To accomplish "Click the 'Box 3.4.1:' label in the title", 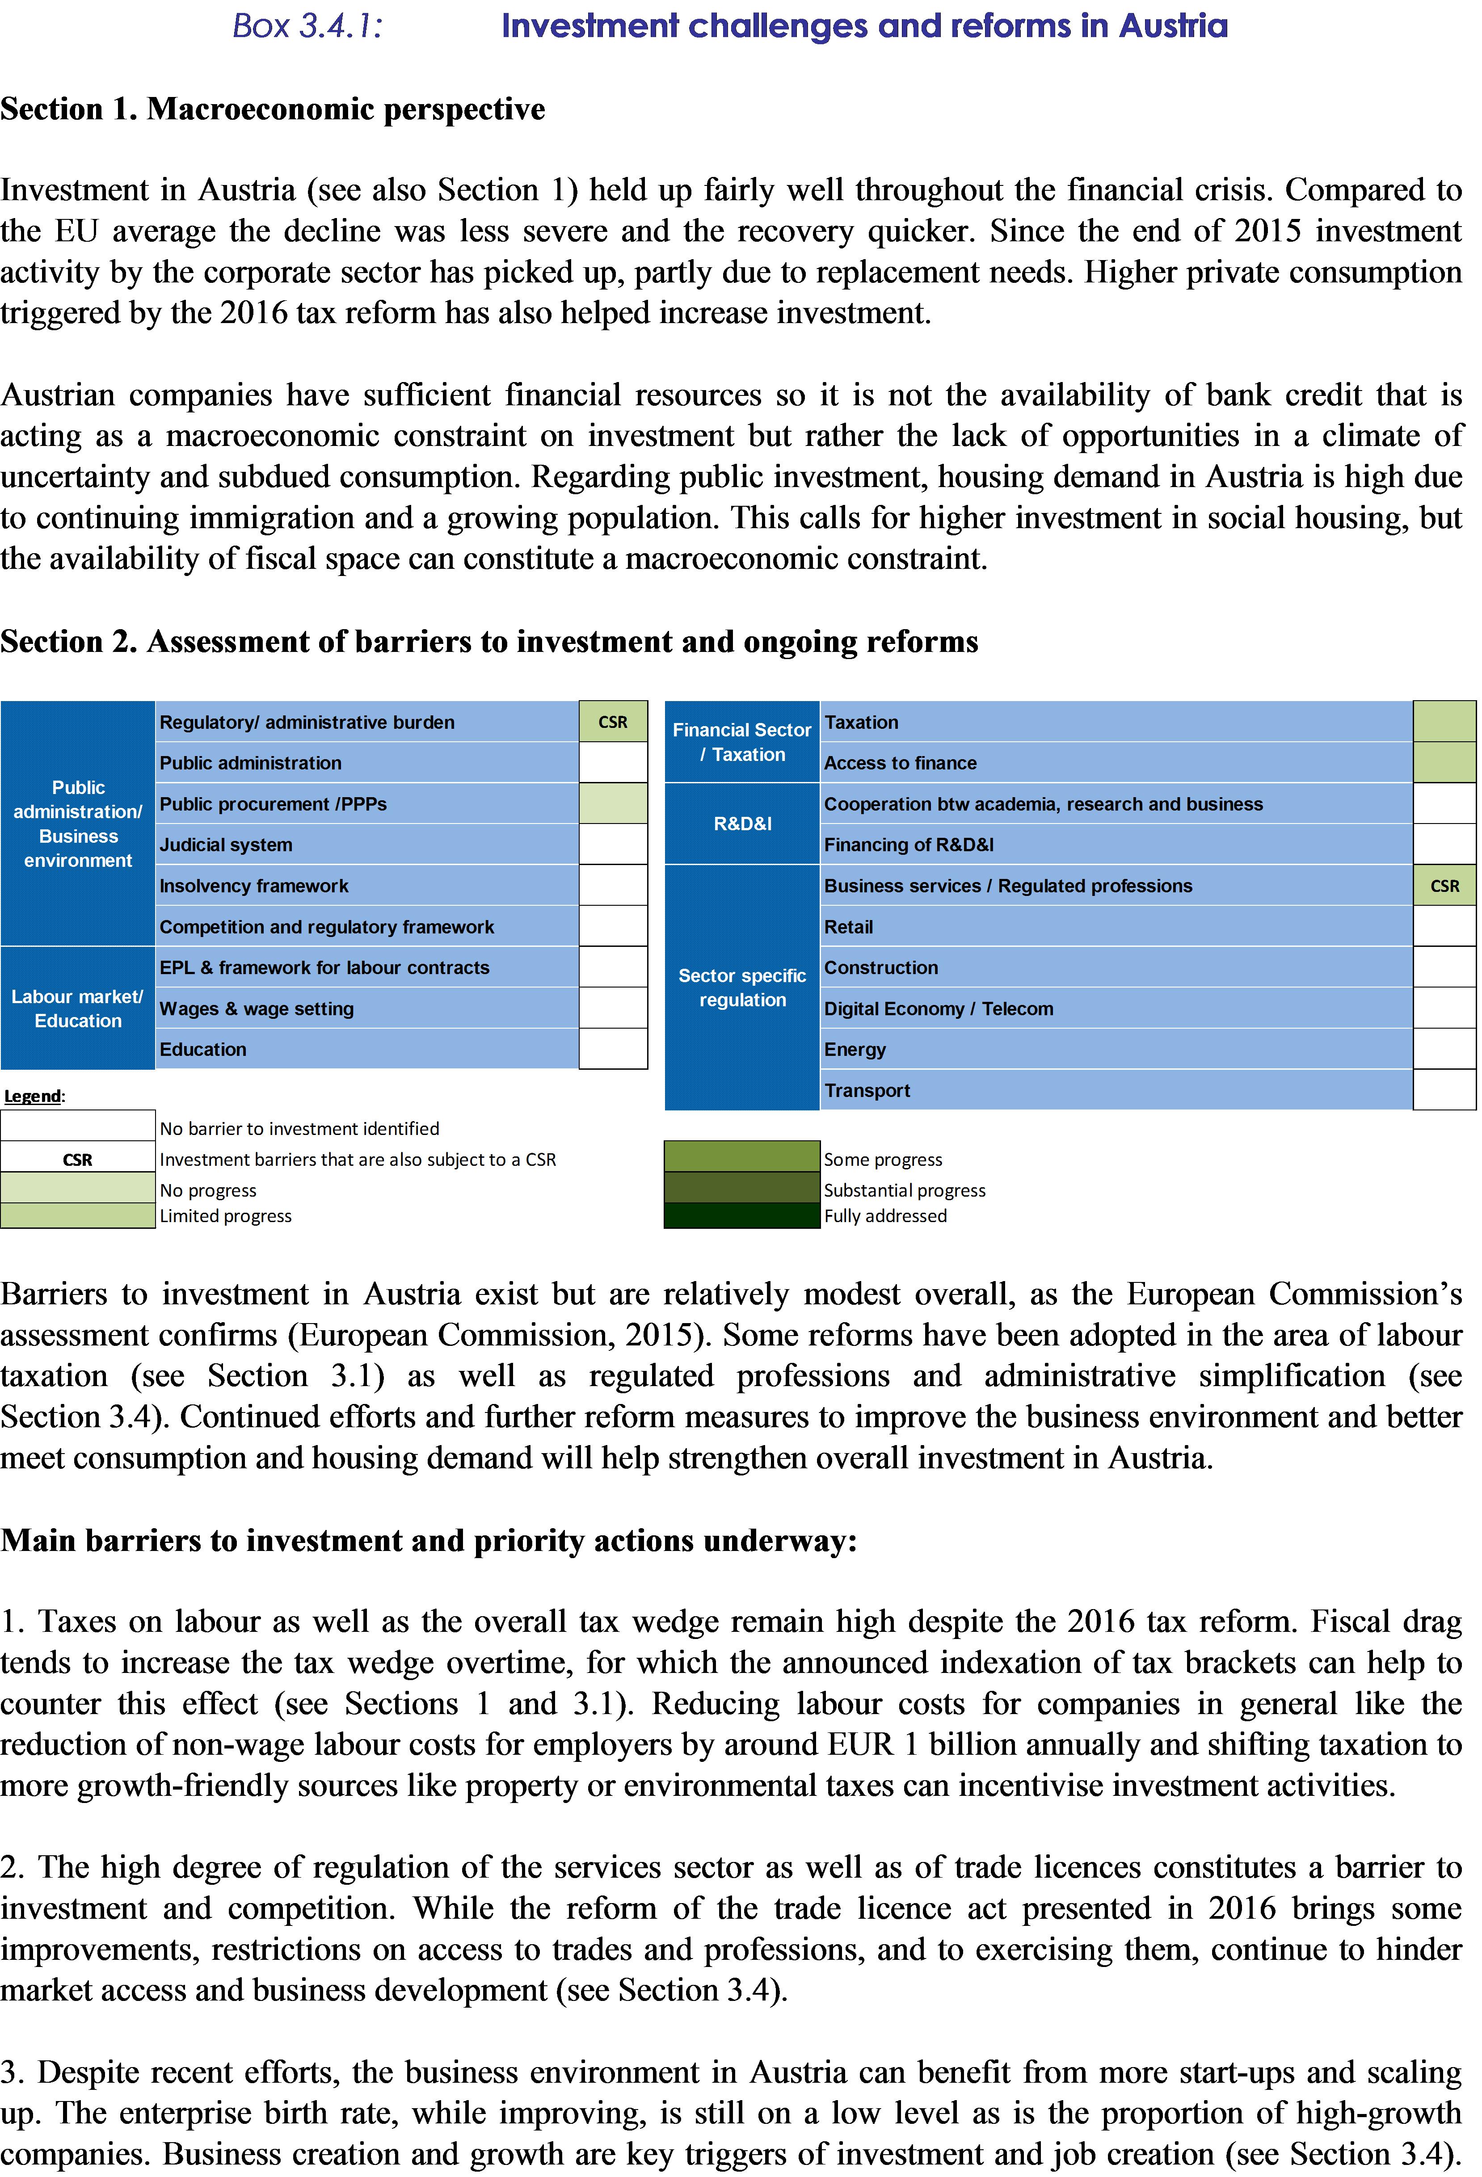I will pyautogui.click(x=307, y=26).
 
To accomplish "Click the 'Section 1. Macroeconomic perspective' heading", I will pyautogui.click(x=273, y=109).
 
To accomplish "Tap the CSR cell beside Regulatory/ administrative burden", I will pyautogui.click(x=613, y=722).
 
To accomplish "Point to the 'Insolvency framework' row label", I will pyautogui.click(x=254, y=886).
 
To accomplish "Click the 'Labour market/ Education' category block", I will pyautogui.click(x=78, y=1009).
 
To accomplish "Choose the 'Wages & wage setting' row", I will pyautogui.click(x=257, y=1009).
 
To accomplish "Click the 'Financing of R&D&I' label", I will pyautogui.click(x=909, y=845).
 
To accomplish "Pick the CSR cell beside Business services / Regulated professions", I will pyautogui.click(x=1444, y=886).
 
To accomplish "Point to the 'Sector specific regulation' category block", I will pyautogui.click(x=742, y=988).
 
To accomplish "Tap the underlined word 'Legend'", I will pyautogui.click(x=33, y=1096).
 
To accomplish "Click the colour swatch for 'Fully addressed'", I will pyautogui.click(x=742, y=1216).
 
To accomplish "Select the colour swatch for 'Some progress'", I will pyautogui.click(x=742, y=1157).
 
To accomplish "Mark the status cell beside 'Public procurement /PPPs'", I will pyautogui.click(x=613, y=804).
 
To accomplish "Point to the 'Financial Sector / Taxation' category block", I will pyautogui.click(x=742, y=742).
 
